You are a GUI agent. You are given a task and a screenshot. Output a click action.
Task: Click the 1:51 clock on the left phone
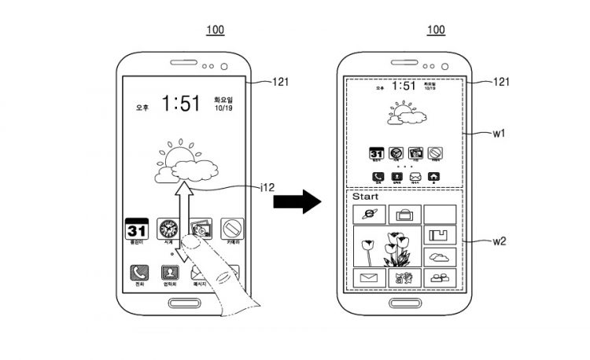(x=180, y=103)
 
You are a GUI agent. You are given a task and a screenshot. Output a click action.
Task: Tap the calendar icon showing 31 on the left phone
(x=137, y=230)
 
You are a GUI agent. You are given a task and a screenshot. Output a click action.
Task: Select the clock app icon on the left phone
(x=168, y=230)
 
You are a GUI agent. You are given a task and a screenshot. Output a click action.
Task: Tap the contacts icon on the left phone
(x=168, y=273)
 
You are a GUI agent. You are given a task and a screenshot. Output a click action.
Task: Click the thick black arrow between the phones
(x=297, y=202)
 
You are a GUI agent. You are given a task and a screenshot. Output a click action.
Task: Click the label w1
(x=499, y=134)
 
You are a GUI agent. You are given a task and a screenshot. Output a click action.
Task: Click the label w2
(x=499, y=241)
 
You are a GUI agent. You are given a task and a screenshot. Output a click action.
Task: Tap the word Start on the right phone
(x=364, y=197)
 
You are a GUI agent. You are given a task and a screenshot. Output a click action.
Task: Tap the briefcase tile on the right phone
(x=405, y=214)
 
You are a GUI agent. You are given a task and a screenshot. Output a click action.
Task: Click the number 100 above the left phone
(x=215, y=30)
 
